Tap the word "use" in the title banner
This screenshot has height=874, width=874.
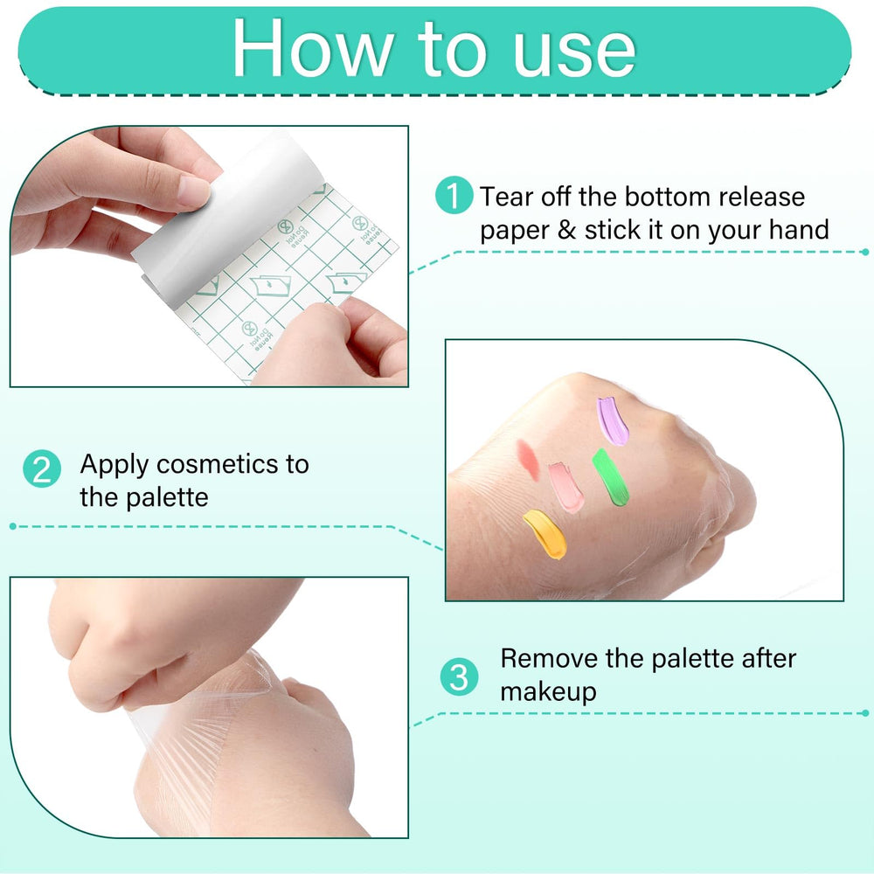point(574,54)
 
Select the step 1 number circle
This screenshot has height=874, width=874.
point(454,195)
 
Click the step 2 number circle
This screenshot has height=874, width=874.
point(42,468)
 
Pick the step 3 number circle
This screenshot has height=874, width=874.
point(459,677)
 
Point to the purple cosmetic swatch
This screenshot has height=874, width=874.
point(612,421)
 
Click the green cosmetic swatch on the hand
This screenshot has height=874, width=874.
point(610,478)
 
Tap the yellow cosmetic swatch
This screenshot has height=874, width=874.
point(545,534)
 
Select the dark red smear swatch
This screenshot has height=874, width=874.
point(528,460)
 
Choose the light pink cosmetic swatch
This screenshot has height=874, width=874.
point(565,487)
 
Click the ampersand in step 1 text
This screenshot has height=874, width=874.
point(566,230)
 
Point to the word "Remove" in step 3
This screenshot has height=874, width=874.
point(549,658)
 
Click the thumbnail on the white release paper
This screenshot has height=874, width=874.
point(193,190)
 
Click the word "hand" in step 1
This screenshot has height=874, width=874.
point(799,230)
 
